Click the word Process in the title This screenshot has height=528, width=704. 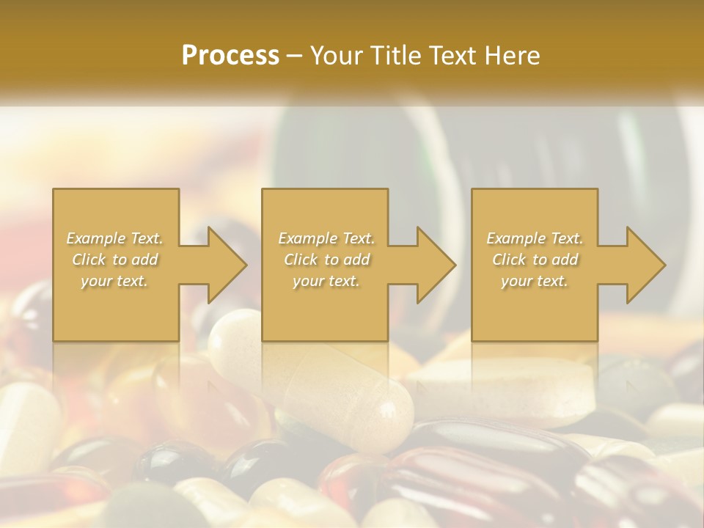[230, 55]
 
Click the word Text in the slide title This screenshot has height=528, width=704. [451, 55]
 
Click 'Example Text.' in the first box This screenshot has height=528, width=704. [115, 238]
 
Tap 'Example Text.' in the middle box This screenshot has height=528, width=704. [326, 238]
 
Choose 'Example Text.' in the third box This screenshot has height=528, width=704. [535, 238]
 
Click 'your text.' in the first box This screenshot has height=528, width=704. [114, 281]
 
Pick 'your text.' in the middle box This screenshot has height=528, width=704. [326, 281]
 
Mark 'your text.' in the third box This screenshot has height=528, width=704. [535, 281]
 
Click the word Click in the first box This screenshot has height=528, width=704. [89, 260]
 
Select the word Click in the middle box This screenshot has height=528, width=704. [301, 260]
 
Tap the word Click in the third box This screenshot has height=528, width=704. [510, 260]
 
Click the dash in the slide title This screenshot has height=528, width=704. [295, 56]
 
